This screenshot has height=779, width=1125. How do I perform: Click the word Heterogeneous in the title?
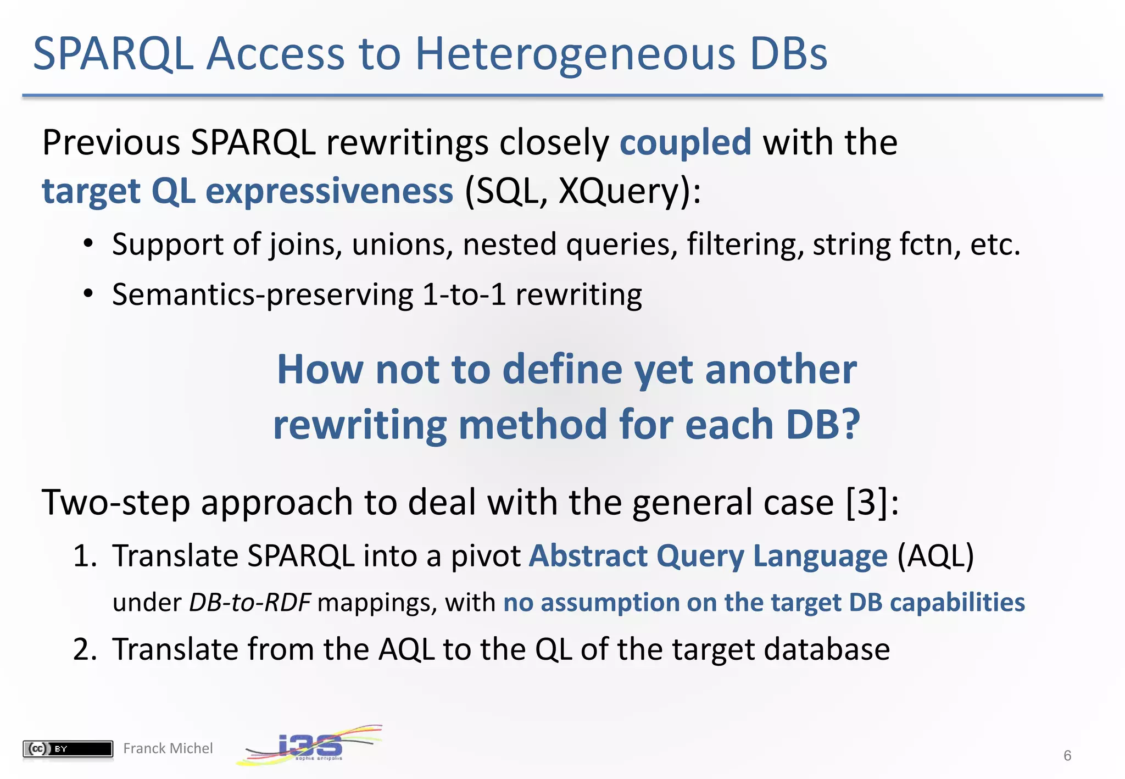coord(576,55)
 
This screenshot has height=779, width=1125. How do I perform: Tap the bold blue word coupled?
coord(685,143)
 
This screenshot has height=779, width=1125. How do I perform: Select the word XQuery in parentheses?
coord(617,191)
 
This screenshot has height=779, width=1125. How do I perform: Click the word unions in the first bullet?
coord(402,244)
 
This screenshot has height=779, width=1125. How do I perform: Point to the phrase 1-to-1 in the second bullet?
coord(464,294)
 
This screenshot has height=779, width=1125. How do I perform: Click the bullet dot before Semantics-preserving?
coord(88,294)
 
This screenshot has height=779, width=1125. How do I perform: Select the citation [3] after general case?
coord(867,502)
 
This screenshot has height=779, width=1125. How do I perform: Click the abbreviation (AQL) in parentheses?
coord(935,556)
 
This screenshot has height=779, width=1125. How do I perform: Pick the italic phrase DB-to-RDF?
coord(250,603)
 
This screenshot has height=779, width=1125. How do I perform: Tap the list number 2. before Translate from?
coord(85,649)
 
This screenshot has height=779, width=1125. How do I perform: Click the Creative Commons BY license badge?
coord(68,749)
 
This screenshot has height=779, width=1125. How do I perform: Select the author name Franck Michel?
coord(168,749)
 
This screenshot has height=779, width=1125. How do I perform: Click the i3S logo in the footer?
coord(310,746)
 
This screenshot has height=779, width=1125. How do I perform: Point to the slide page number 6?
coord(1067,755)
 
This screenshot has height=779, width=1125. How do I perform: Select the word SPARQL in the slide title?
coord(113,55)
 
